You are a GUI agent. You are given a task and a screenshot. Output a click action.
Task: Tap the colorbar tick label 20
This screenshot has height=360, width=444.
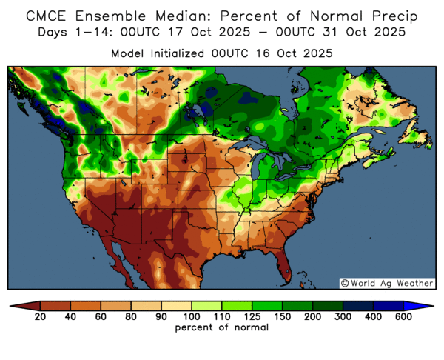pos(40,317)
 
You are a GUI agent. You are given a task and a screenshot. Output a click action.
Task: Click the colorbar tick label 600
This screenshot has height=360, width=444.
pos(403,317)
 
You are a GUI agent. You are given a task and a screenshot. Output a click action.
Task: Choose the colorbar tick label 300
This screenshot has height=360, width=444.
pos(342,317)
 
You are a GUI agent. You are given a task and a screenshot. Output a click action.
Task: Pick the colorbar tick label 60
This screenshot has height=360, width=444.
pos(101,317)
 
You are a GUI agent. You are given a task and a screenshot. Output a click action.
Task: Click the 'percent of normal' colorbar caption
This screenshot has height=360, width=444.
pos(221,327)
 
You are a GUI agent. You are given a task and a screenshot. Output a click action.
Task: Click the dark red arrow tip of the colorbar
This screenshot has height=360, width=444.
pos(18,305)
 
